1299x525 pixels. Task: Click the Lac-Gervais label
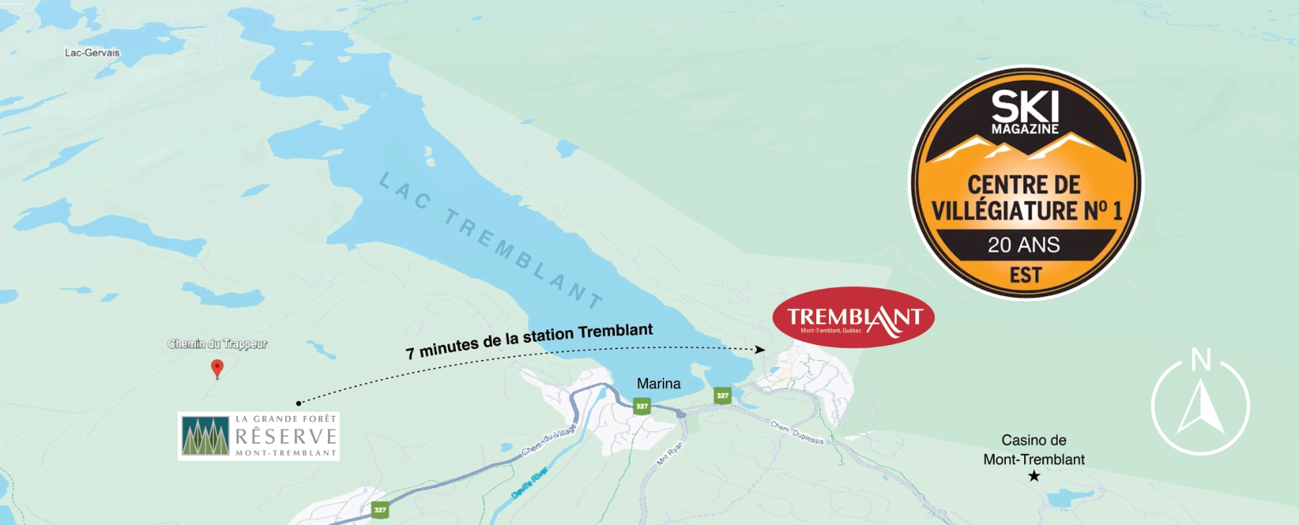click(x=92, y=52)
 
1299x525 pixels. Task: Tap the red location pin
click(x=217, y=367)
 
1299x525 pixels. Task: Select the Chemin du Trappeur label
click(x=218, y=344)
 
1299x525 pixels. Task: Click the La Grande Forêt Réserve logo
click(x=258, y=436)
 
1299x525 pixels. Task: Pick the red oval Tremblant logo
click(x=853, y=318)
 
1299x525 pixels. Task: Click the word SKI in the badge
click(x=1025, y=106)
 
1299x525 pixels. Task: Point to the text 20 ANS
click(x=1024, y=245)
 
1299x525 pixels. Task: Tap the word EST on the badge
click(x=1026, y=275)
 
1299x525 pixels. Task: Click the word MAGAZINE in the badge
click(x=1025, y=129)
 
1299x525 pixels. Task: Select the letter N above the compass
click(x=1201, y=359)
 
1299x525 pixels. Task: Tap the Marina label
click(x=659, y=384)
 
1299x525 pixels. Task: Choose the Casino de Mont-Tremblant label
click(x=1034, y=449)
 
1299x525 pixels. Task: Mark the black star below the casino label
click(x=1034, y=476)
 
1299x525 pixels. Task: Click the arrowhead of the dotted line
click(x=760, y=349)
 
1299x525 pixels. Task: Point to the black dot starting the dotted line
click(x=299, y=403)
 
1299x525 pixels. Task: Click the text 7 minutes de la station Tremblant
click(x=529, y=340)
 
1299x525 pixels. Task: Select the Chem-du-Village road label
click(x=549, y=440)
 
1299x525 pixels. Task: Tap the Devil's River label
click(x=530, y=482)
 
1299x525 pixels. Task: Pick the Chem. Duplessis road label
click(x=797, y=432)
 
